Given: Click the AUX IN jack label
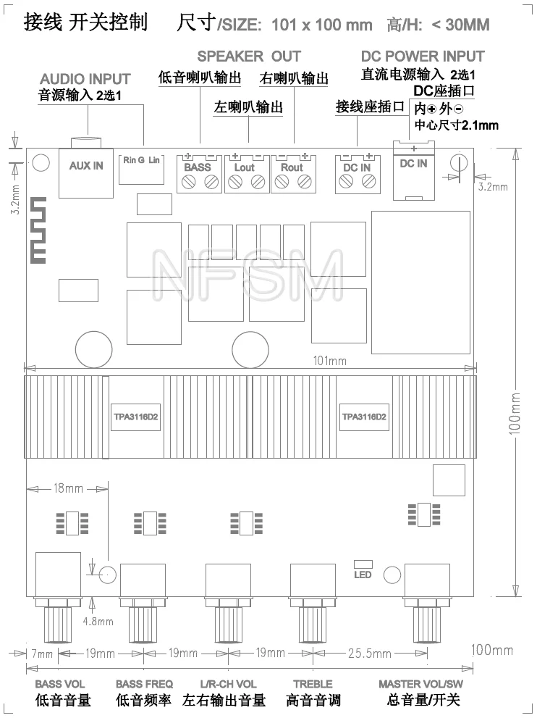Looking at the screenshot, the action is point(86,166).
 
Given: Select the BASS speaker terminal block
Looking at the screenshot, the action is point(199,174).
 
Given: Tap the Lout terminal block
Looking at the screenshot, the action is point(247,174).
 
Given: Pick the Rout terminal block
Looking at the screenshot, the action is point(294,174).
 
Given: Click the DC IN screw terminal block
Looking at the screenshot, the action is point(358,174).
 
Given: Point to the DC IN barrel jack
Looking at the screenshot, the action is point(413,170).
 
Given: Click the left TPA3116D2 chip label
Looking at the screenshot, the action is point(135,417).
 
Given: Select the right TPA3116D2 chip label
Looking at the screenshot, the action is point(364,417).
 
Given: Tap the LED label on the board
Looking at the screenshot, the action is point(363,575).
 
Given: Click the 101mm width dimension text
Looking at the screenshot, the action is point(330,361).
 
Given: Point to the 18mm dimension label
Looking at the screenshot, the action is point(68,488).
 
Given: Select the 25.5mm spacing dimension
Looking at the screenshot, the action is point(370,654).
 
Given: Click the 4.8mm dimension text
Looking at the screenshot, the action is point(98,622).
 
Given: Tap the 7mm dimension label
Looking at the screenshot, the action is point(42,654).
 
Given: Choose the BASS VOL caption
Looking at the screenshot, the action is point(60,684).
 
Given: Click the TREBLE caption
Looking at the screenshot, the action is point(313,684).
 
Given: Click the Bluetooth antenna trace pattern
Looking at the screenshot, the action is point(38,230).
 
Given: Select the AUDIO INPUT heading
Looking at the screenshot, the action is point(85,79).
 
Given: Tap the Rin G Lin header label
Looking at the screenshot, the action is point(141,160).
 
